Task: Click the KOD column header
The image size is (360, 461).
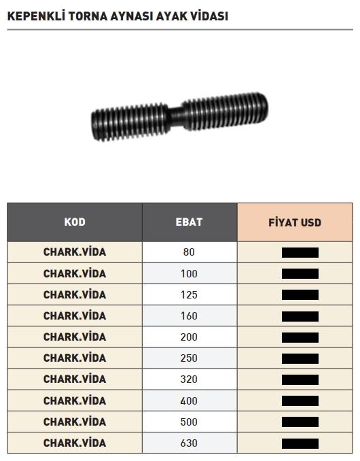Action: pyautogui.click(x=75, y=222)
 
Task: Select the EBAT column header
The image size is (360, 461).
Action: pyautogui.click(x=189, y=222)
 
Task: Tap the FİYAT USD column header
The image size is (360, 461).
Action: pyautogui.click(x=295, y=222)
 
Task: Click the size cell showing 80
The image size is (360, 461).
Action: pyautogui.click(x=189, y=252)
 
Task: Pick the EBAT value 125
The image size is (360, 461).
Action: pyautogui.click(x=189, y=295)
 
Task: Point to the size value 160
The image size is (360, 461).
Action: pyautogui.click(x=189, y=316)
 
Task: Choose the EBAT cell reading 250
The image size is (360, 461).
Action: pyautogui.click(x=189, y=358)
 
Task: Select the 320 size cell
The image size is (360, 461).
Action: pyautogui.click(x=189, y=379)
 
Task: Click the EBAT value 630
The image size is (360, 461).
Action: pyautogui.click(x=189, y=443)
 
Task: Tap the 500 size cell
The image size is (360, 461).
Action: pyautogui.click(x=189, y=422)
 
